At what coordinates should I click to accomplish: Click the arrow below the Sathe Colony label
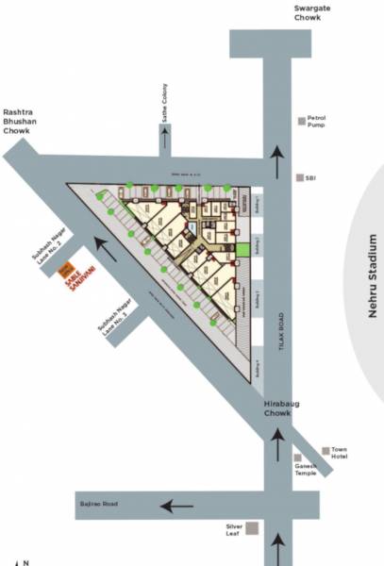coord(164,139)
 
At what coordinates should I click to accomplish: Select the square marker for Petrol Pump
coord(302,120)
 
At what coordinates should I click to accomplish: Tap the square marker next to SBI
coord(299,177)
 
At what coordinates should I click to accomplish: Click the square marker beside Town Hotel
coord(326,451)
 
